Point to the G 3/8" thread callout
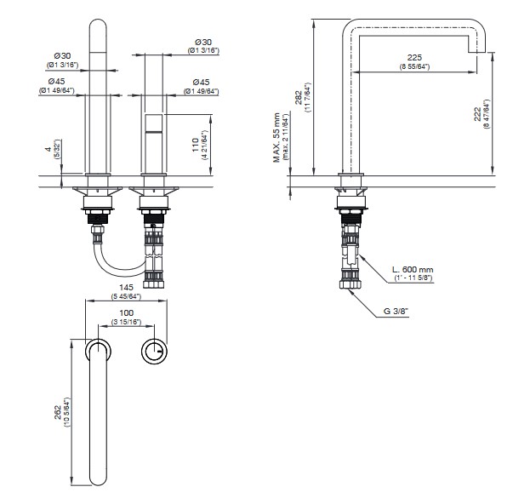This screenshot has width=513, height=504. [x=396, y=311]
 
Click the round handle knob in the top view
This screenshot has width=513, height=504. [x=155, y=351]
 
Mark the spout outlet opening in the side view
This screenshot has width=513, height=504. [x=477, y=52]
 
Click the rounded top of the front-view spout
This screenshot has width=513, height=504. [x=98, y=25]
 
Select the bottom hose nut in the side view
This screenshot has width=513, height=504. [x=351, y=284]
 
